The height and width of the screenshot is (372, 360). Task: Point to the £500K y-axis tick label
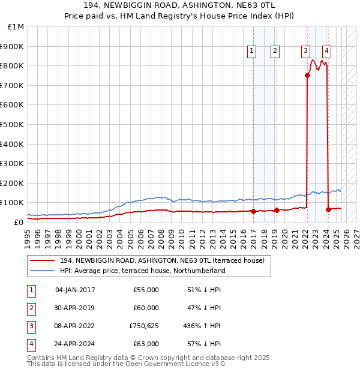pyautogui.click(x=12, y=125)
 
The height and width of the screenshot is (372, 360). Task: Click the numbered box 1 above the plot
pyautogui.click(x=251, y=52)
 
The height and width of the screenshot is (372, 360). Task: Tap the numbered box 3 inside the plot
pyautogui.click(x=306, y=52)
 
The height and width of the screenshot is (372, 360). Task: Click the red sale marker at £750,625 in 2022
pyautogui.click(x=307, y=75)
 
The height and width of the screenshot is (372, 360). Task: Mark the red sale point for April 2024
pyautogui.click(x=329, y=209)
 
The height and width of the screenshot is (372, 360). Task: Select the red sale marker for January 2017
pyautogui.click(x=254, y=211)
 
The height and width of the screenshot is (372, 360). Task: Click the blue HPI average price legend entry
pyautogui.click(x=142, y=271)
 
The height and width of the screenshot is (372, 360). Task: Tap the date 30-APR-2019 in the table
pyautogui.click(x=75, y=308)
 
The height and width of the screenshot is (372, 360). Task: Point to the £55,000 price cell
pyautogui.click(x=146, y=290)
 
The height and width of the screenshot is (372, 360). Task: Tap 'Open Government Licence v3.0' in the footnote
pyautogui.click(x=178, y=364)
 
